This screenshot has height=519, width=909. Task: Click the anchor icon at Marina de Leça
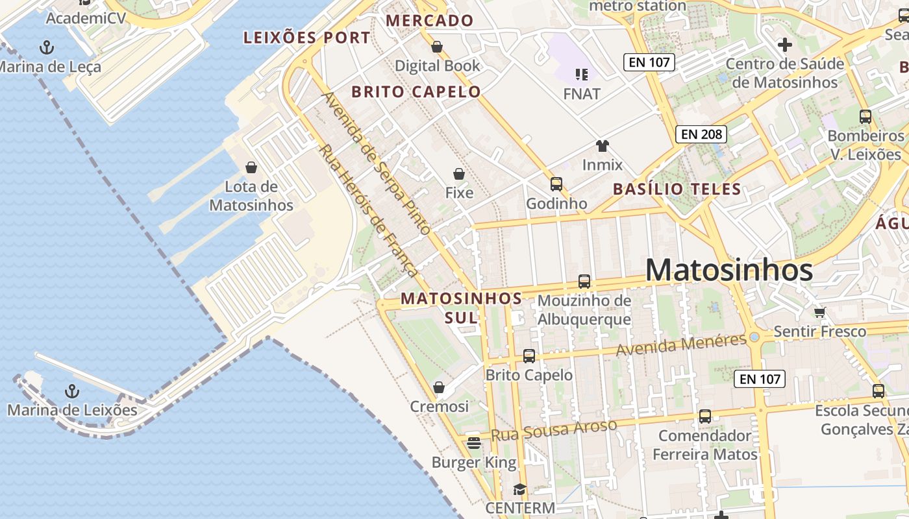46,47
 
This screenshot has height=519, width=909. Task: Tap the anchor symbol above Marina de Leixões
72,391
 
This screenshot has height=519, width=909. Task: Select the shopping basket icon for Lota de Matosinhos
251,167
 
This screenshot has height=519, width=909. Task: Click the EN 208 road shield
701,134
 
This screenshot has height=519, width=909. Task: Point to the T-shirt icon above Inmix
603,145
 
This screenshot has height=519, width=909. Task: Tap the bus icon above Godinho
556,184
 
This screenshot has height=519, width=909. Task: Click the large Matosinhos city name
729,270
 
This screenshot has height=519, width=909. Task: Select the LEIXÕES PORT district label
306,38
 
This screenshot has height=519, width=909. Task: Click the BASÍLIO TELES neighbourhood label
677,189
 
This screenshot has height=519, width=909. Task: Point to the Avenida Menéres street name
681,345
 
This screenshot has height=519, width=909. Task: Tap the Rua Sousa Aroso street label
553,430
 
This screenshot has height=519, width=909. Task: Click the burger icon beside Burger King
473,443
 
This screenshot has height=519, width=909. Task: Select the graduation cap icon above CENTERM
519,489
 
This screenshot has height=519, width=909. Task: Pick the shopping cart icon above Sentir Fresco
820,312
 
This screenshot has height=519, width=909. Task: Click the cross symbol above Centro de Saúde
784,45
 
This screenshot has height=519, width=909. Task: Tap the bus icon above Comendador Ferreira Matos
704,416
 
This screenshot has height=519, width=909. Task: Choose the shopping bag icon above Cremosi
439,387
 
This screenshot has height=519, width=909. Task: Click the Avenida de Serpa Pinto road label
377,163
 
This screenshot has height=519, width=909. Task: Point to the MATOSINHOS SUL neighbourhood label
461,308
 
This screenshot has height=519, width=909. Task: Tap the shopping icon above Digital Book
437,47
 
